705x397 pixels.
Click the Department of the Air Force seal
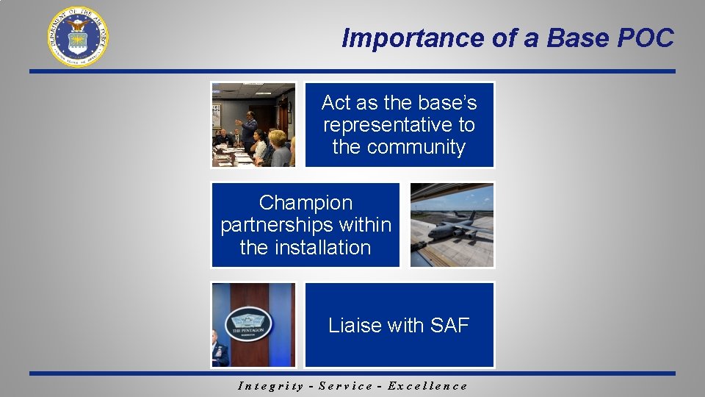point(78,36)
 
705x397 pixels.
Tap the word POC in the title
point(646,38)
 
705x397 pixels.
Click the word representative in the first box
point(399,125)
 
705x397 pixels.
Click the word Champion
point(305,203)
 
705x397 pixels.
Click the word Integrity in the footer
point(271,386)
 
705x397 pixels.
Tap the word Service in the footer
point(344,386)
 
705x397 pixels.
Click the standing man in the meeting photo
point(248,130)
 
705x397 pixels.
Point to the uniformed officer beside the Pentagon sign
point(218,351)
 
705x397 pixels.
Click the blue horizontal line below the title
point(352,71)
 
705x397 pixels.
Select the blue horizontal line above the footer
point(352,373)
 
